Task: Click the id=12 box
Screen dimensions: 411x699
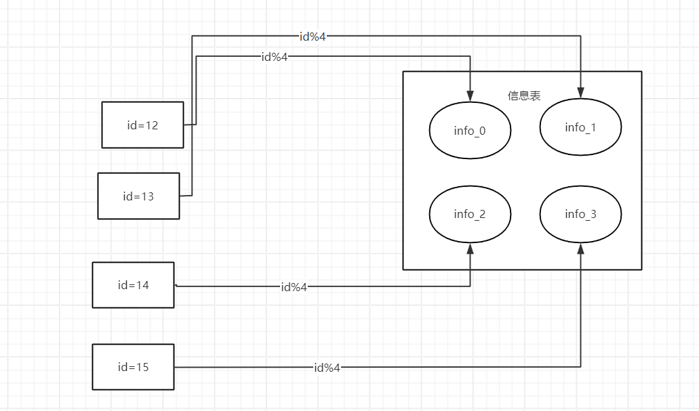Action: pos(142,125)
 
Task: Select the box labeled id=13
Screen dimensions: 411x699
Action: pos(138,196)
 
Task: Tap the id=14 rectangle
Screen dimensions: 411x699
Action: pos(133,285)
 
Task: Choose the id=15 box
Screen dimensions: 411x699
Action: pos(133,367)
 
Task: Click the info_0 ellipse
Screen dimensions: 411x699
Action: pos(470,131)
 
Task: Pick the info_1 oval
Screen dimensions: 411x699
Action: pos(580,127)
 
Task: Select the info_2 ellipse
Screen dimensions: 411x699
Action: pos(470,214)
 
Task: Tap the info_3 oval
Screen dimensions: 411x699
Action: pos(580,214)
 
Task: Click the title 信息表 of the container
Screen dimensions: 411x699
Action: pos(524,96)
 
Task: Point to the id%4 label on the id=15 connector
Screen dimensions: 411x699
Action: pos(327,368)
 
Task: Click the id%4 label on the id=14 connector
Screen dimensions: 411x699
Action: pos(294,287)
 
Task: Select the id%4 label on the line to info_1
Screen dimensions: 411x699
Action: pos(313,37)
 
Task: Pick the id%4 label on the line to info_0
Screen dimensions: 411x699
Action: pos(275,57)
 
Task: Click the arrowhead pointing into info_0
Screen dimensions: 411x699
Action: pos(470,97)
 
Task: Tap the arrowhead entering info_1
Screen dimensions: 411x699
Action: pos(580,93)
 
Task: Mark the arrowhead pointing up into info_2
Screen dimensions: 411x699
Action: pos(470,248)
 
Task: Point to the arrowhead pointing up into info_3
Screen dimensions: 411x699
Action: pos(580,248)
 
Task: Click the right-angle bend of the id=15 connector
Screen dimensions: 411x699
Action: pos(580,367)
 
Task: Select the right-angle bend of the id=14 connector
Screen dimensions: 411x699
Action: pos(470,286)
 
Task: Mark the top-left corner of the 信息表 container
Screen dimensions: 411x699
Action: pos(403,72)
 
